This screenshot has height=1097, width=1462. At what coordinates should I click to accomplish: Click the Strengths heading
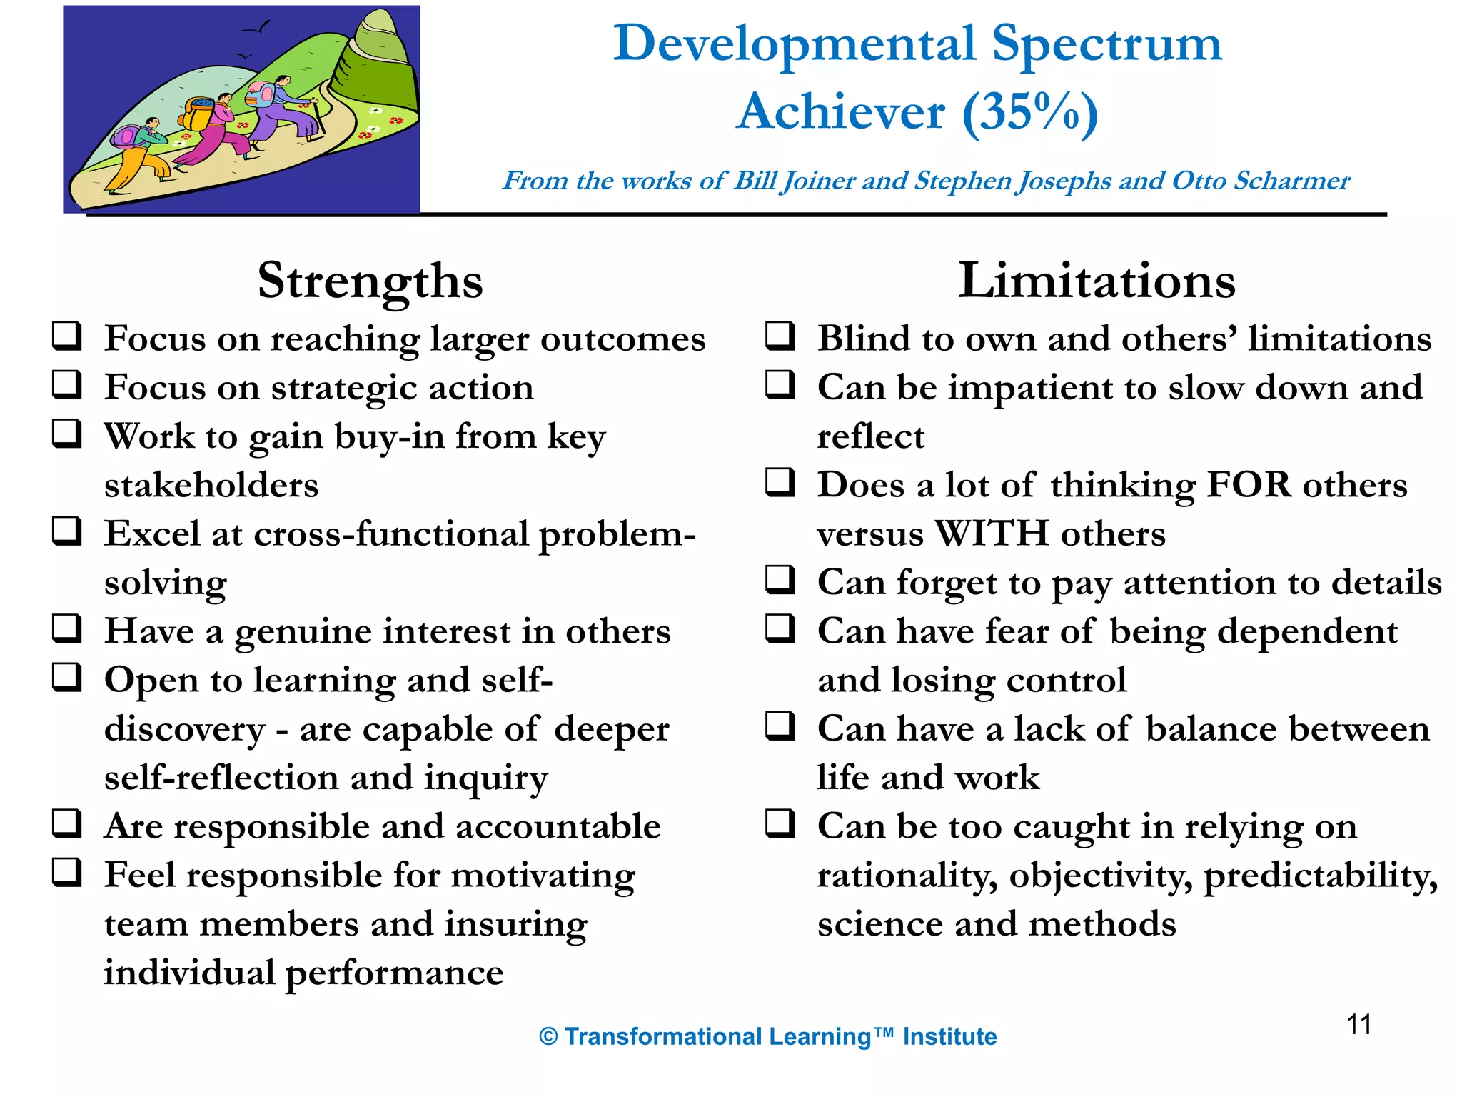click(x=370, y=281)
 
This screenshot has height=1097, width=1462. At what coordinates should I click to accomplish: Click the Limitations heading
click(x=1096, y=281)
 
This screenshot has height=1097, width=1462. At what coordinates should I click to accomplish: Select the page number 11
click(x=1358, y=1025)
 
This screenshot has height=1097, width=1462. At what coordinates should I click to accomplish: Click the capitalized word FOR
click(x=1249, y=485)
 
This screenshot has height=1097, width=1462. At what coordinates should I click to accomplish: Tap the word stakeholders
click(x=211, y=486)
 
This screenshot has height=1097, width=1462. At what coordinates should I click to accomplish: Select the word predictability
click(x=1320, y=876)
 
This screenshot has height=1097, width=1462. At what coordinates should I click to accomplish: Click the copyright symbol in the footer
click(x=548, y=1037)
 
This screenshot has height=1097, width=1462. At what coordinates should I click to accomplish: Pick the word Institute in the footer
click(x=949, y=1036)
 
